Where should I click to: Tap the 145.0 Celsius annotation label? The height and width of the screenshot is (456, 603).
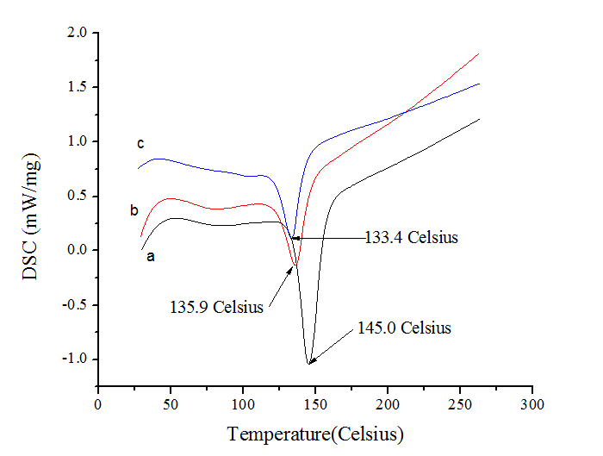pyautogui.click(x=404, y=328)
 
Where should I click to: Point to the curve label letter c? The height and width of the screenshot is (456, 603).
pyautogui.click(x=140, y=143)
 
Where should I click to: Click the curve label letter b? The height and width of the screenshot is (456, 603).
pyautogui.click(x=134, y=209)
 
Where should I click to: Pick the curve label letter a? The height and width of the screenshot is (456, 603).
pyautogui.click(x=150, y=256)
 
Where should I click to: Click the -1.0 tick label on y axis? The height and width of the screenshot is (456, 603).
pyautogui.click(x=75, y=359)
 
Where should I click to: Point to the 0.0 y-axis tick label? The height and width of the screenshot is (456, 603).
pyautogui.click(x=78, y=250)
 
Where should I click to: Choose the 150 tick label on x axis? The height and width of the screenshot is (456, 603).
pyautogui.click(x=315, y=403)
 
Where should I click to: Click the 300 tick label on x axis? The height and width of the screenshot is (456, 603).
pyautogui.click(x=532, y=403)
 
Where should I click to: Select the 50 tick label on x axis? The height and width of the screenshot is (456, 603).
pyautogui.click(x=171, y=403)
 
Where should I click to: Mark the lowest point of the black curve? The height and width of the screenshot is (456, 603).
pyautogui.click(x=308, y=364)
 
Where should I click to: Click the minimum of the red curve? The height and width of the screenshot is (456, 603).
pyautogui.click(x=295, y=265)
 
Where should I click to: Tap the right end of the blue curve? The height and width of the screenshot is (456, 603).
pyautogui.click(x=478, y=84)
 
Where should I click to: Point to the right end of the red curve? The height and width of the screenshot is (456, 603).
pyautogui.click(x=478, y=53)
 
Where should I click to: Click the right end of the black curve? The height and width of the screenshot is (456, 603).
pyautogui.click(x=478, y=119)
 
